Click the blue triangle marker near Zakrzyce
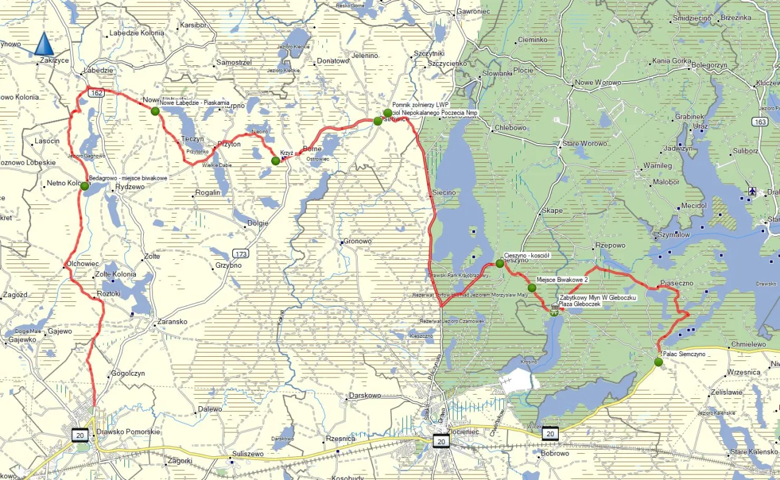pos(43,45)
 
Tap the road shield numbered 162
pos(95,93)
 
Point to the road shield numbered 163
pos(759,122)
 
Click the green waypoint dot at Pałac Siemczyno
pos(658,362)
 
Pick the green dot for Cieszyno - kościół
pos(500,263)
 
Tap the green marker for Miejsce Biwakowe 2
pos(532,288)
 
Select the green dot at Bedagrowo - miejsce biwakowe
pos(84,186)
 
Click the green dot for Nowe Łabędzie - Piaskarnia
pos(155,111)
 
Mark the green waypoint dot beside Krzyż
pos(275,160)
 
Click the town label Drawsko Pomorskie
pos(128,432)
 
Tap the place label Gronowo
pos(358,241)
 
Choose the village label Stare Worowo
pos(584,143)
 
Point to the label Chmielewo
pos(748,345)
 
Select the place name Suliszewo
pos(250,454)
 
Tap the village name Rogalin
pos(207,192)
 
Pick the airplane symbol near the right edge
pos(753,192)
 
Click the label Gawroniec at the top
pos(473,12)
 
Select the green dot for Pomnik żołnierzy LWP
pos(388,113)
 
